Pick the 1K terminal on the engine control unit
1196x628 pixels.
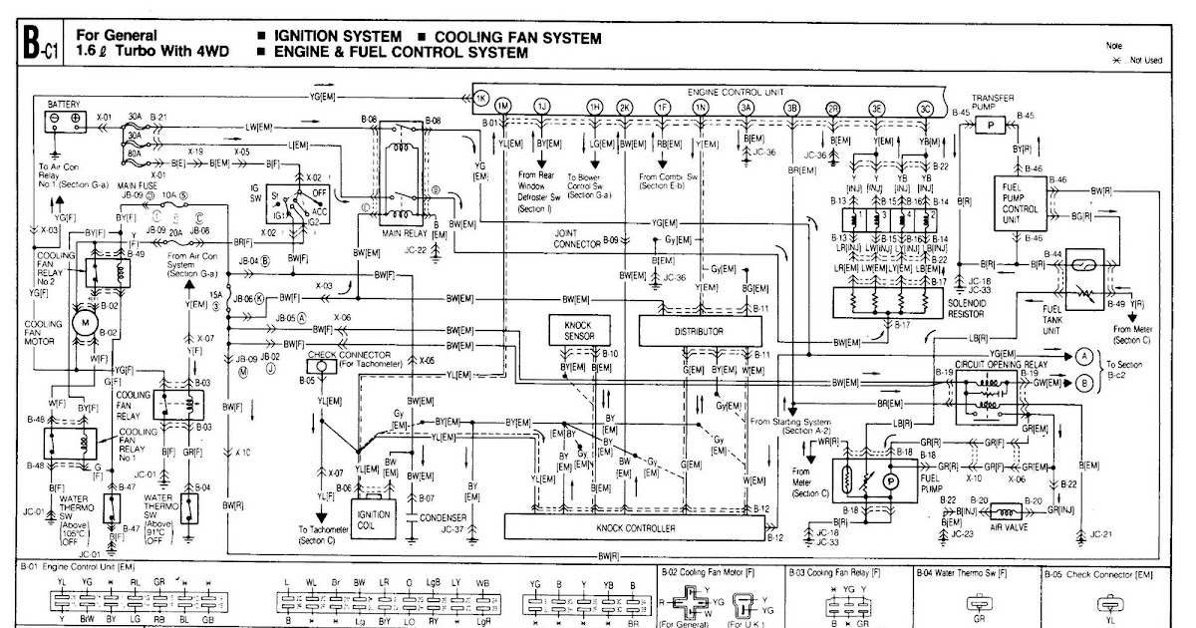point(479,100)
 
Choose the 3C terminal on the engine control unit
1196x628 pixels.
point(926,108)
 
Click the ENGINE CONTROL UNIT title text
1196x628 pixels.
point(731,91)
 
